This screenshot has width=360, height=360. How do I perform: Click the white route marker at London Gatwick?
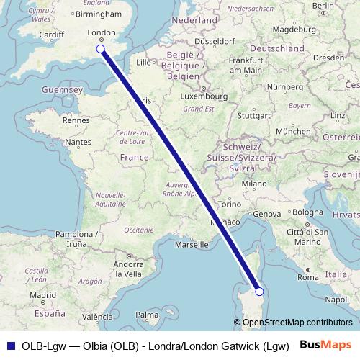(100, 49)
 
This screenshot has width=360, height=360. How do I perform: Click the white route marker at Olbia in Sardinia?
(260, 292)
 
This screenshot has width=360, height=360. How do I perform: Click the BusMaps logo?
(325, 344)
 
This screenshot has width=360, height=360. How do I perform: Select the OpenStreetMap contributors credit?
(293, 323)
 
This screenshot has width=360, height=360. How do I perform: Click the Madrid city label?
(42, 295)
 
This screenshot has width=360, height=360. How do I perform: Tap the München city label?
(292, 132)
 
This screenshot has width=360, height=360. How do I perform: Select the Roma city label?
(307, 277)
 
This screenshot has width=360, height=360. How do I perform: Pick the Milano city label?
(254, 184)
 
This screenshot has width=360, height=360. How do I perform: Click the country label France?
(134, 158)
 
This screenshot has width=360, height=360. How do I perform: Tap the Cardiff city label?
(32, 34)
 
